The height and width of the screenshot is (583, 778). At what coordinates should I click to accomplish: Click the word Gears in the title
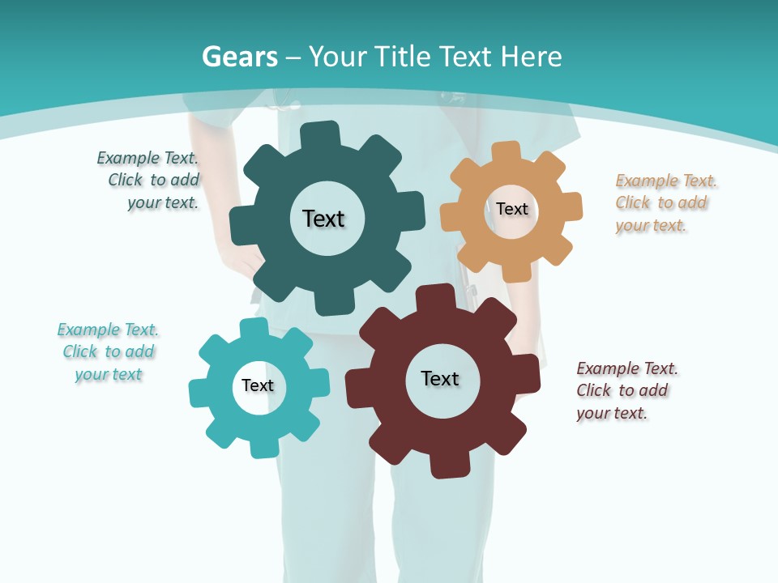tap(239, 57)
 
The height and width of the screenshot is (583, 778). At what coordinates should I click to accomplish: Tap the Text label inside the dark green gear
tap(323, 219)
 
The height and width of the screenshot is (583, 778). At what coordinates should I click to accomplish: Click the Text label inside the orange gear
tap(512, 209)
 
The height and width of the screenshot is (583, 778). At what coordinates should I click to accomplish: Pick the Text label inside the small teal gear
tap(258, 385)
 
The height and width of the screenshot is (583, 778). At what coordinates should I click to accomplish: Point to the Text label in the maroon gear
tap(440, 378)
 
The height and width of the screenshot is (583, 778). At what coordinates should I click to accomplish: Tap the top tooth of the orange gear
tap(507, 153)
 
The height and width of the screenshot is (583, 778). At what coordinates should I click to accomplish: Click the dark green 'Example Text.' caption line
tap(147, 158)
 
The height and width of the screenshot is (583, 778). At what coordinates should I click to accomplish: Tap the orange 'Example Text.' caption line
tap(666, 181)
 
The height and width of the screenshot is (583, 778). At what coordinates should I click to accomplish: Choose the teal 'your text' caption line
tap(109, 374)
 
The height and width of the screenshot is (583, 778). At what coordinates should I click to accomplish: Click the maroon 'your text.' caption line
tap(612, 413)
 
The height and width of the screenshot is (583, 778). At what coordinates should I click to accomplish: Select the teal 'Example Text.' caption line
tap(108, 330)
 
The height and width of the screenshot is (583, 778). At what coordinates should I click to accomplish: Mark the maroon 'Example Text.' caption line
tap(627, 368)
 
